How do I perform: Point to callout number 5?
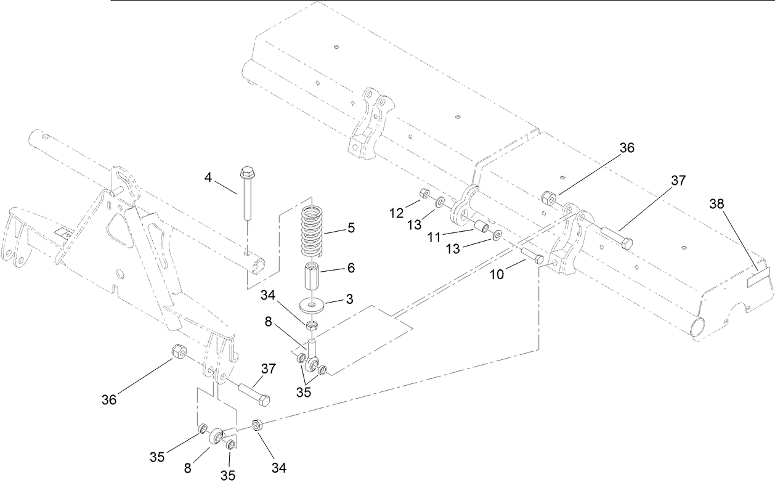pos(351,228)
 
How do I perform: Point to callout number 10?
pos(497,274)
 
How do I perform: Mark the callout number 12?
pos(396,213)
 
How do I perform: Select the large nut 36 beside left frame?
pos(178,353)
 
